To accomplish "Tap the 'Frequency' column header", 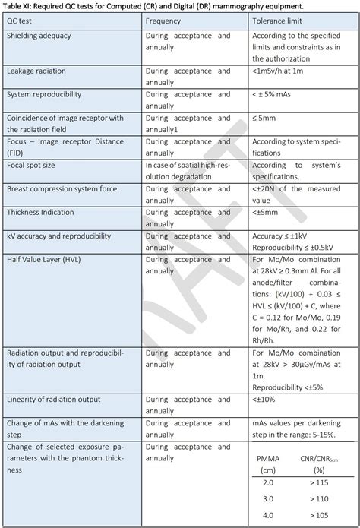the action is (x=163, y=21).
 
